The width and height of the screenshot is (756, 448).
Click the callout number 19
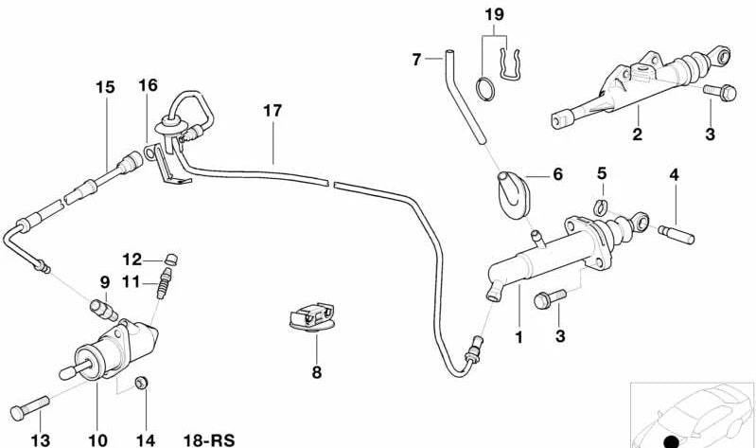[x=495, y=15]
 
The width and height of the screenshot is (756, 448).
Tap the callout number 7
[x=415, y=60]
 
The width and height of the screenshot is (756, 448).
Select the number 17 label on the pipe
[x=273, y=111]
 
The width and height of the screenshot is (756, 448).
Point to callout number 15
[x=104, y=87]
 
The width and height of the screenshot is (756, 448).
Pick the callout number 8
[x=316, y=372]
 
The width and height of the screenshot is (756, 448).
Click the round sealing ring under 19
[x=485, y=88]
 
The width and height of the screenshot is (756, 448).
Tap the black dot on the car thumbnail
[x=672, y=439]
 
